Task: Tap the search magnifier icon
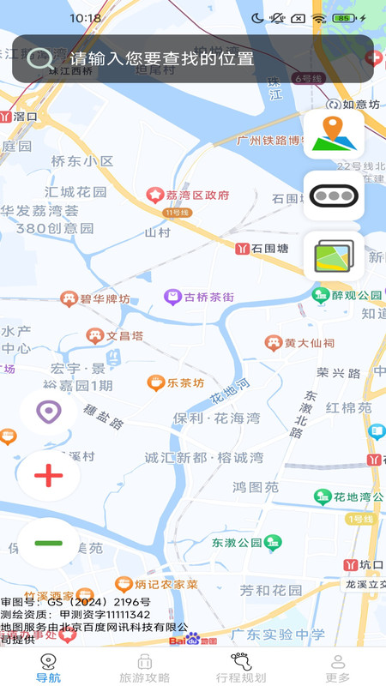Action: (x=39, y=58)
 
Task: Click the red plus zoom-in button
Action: (x=49, y=475)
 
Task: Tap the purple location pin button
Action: (x=49, y=412)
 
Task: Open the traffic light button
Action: (x=334, y=196)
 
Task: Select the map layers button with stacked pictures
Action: (x=334, y=256)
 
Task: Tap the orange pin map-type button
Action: (x=334, y=135)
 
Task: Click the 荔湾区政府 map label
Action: (x=197, y=196)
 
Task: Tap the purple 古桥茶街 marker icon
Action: (x=172, y=298)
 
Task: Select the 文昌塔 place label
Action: (x=123, y=336)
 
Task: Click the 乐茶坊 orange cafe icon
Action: (x=155, y=382)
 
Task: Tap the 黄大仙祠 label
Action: (x=310, y=343)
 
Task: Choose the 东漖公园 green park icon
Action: (x=273, y=542)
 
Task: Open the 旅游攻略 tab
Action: (x=144, y=668)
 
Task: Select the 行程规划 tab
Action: (x=241, y=668)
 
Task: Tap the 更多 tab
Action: (x=337, y=668)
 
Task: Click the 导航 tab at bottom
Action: (x=48, y=668)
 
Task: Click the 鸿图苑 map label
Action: (x=256, y=487)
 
